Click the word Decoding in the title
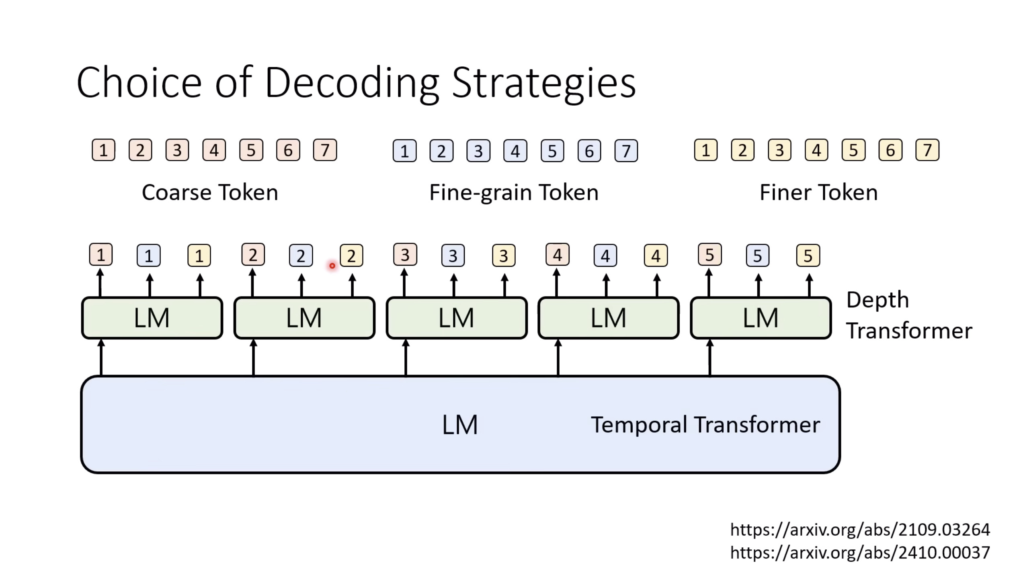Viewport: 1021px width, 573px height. pyautogui.click(x=352, y=83)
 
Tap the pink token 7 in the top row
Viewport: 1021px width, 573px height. pyautogui.click(x=325, y=150)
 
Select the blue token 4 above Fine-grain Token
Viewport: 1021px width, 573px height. pyautogui.click(x=515, y=151)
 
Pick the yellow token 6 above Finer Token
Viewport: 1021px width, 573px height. pyautogui.click(x=890, y=150)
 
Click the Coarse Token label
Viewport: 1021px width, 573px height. pyautogui.click(x=210, y=192)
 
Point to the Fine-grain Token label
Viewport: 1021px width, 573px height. pyautogui.click(x=514, y=192)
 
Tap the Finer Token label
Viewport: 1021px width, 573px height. pyautogui.click(x=818, y=192)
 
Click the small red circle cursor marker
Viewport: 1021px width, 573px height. pyautogui.click(x=332, y=266)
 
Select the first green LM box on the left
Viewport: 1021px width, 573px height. pyautogui.click(x=152, y=318)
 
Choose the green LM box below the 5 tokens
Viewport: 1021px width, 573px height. pyautogui.click(x=761, y=318)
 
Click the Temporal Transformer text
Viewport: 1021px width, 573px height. pyautogui.click(x=705, y=425)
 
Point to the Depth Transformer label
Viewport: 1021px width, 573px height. pyautogui.click(x=908, y=315)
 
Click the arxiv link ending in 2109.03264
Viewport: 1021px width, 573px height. pyautogui.click(x=860, y=530)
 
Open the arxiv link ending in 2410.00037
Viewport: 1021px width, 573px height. pyautogui.click(x=860, y=553)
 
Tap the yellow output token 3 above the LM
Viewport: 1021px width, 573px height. pyautogui.click(x=504, y=256)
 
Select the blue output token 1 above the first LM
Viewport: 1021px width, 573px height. pyautogui.click(x=149, y=256)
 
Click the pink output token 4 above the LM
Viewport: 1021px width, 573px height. pyautogui.click(x=557, y=255)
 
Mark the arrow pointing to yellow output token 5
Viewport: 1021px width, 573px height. pyautogui.click(x=809, y=285)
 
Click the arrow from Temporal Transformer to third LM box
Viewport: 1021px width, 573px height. pyautogui.click(x=406, y=358)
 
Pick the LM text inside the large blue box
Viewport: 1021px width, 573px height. pyautogui.click(x=459, y=425)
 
